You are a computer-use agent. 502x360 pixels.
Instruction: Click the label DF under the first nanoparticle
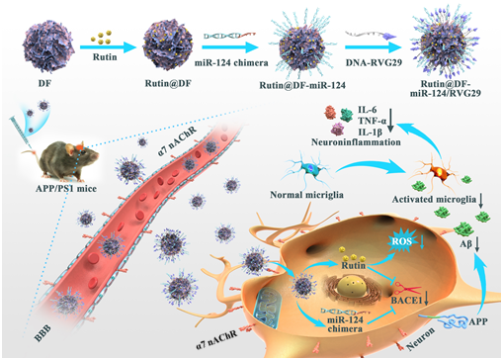[x=44, y=83]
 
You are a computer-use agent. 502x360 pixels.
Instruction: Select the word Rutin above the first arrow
[x=105, y=57]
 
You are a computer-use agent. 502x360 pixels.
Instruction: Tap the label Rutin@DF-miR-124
[x=302, y=85]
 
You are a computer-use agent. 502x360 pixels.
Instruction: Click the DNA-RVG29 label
[x=374, y=62]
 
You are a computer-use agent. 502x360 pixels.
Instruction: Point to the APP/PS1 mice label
[x=66, y=189]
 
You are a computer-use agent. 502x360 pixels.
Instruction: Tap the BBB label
[x=42, y=333]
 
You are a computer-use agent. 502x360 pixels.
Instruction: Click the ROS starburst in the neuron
[x=402, y=241]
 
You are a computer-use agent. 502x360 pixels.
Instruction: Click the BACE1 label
[x=406, y=301]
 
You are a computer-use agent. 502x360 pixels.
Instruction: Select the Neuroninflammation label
[x=356, y=142]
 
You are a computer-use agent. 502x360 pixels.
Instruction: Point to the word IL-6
[x=368, y=110]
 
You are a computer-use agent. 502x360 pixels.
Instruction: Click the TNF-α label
[x=373, y=121]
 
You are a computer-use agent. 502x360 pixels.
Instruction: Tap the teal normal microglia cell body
[x=310, y=169]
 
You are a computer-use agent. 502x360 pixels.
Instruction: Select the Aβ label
[x=465, y=244]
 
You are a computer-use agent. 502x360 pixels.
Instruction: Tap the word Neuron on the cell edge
[x=421, y=339]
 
